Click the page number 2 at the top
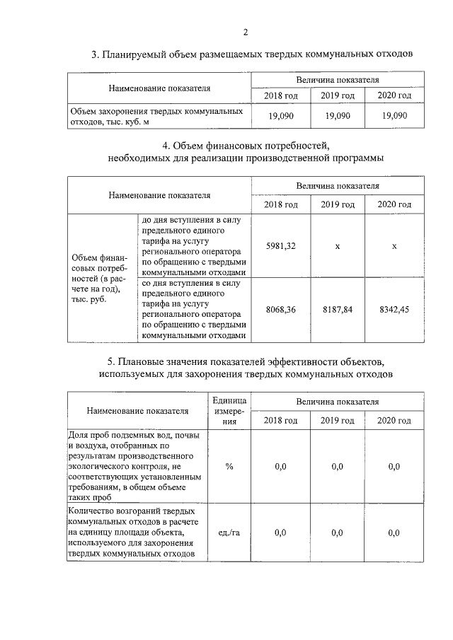click(245, 32)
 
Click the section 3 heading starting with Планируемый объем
click(251, 54)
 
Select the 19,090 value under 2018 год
click(280, 116)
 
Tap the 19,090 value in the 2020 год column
click(394, 116)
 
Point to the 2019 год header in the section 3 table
click(337, 95)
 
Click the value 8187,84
click(337, 310)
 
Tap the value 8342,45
click(394, 310)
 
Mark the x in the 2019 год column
click(337, 245)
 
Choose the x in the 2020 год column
click(394, 245)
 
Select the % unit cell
click(229, 467)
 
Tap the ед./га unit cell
click(229, 533)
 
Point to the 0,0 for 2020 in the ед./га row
click(394, 533)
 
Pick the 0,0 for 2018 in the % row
click(280, 467)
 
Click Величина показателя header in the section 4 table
click(337, 186)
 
